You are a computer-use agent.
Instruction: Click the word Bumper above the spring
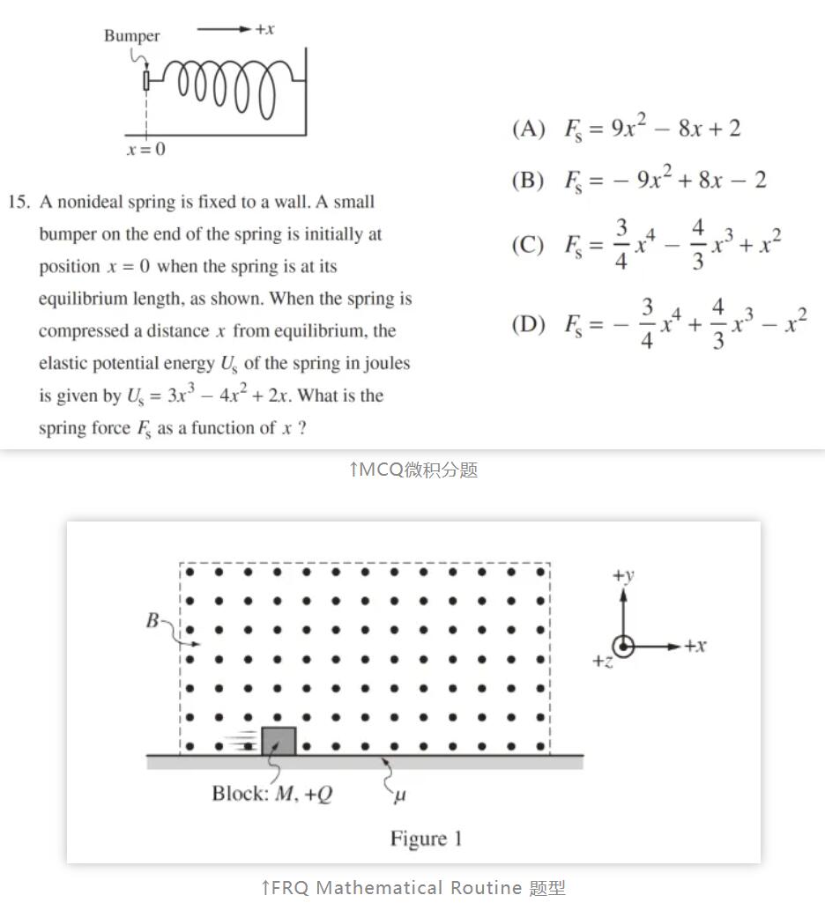tap(132, 36)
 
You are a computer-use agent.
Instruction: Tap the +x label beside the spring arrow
tap(264, 29)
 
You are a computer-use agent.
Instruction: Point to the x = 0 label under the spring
tap(145, 150)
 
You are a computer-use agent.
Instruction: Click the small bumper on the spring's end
tap(146, 80)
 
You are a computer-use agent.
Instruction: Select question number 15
tap(19, 203)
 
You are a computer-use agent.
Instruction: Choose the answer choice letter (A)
tap(529, 129)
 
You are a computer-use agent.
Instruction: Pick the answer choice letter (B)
tap(529, 181)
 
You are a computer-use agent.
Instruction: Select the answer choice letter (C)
tap(529, 245)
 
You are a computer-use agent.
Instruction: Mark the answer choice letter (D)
tap(529, 324)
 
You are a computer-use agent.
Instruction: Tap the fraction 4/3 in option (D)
tap(717, 323)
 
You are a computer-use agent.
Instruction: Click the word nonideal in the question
tap(95, 203)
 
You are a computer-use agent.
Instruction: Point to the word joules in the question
tap(383, 363)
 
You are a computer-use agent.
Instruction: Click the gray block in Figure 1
tap(279, 741)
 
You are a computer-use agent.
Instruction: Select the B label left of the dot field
tap(152, 621)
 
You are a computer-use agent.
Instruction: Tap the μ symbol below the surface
tap(399, 795)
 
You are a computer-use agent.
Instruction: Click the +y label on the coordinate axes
tap(623, 576)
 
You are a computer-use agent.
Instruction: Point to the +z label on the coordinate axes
tap(602, 662)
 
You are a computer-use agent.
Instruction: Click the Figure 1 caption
tap(426, 839)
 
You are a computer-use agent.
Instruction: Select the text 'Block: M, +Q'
tap(272, 794)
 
